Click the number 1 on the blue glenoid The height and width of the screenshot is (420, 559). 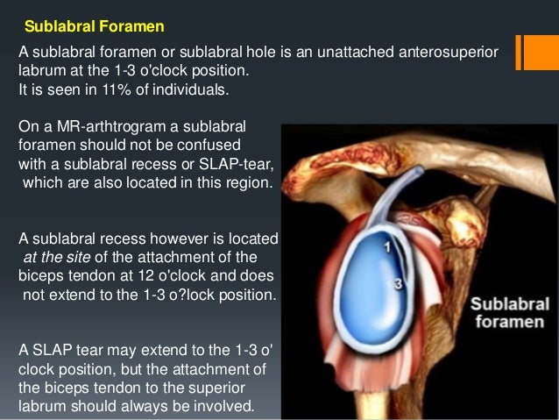coord(386,248)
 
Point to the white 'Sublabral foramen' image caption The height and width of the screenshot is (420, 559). coord(511,313)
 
